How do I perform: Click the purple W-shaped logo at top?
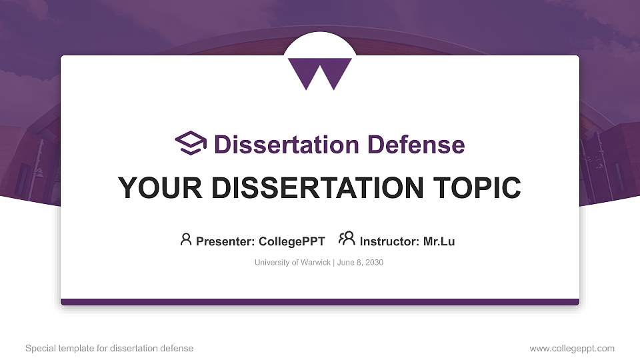(319, 72)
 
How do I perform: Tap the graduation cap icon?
(191, 143)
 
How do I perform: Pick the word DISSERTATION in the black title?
(308, 188)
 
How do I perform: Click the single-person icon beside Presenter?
(186, 239)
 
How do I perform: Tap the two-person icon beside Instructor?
(347, 239)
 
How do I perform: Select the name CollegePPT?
(292, 241)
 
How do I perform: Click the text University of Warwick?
(292, 263)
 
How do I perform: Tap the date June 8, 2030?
(360, 263)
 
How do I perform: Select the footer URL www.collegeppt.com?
(572, 348)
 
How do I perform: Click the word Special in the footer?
(39, 348)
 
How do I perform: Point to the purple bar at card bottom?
(319, 302)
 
